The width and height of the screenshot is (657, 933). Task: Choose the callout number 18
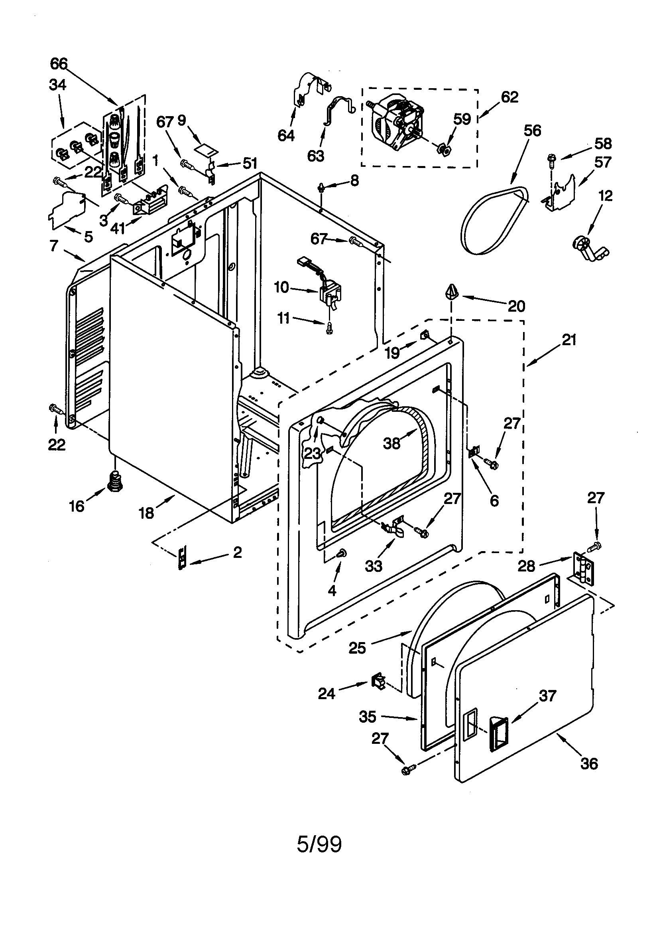146,513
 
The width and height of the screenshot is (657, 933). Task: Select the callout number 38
391,443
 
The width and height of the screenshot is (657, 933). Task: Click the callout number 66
59,64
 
